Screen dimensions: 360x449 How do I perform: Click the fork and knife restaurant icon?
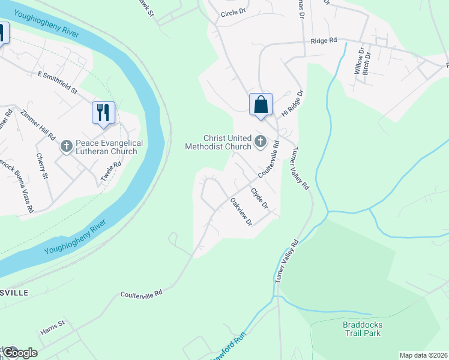tap(103, 112)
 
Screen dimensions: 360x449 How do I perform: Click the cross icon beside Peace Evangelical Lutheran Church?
tap(66, 145)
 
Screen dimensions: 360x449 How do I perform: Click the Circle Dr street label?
tap(234, 11)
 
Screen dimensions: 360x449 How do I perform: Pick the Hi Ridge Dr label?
tap(294, 104)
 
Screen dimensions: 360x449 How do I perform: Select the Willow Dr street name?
tap(358, 62)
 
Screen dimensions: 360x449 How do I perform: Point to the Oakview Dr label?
tap(241, 211)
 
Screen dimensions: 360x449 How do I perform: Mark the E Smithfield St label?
tap(58, 83)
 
